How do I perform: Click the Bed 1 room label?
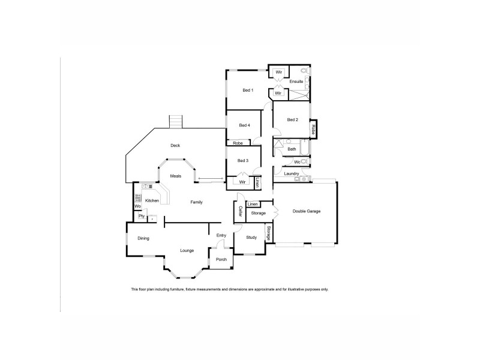click(248, 91)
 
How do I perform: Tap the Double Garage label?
click(307, 211)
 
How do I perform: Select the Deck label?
click(175, 145)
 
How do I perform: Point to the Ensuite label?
click(296, 81)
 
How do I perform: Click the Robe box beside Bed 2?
click(313, 129)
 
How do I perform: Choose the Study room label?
click(251, 238)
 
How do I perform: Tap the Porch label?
click(221, 259)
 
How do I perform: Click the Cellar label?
click(240, 212)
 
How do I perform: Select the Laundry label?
click(292, 174)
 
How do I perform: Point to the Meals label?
click(176, 176)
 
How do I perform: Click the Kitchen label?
click(152, 200)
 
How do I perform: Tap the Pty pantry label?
click(142, 216)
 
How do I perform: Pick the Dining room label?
click(143, 239)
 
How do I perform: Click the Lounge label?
click(187, 250)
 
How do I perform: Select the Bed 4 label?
click(244, 125)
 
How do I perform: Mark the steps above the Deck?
click(175, 122)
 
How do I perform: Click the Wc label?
click(297, 162)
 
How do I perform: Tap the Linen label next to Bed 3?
click(257, 181)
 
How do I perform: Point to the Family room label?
click(196, 202)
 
